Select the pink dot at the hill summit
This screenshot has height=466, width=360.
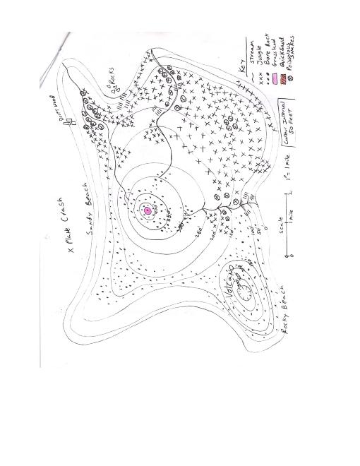tap(148, 210)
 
